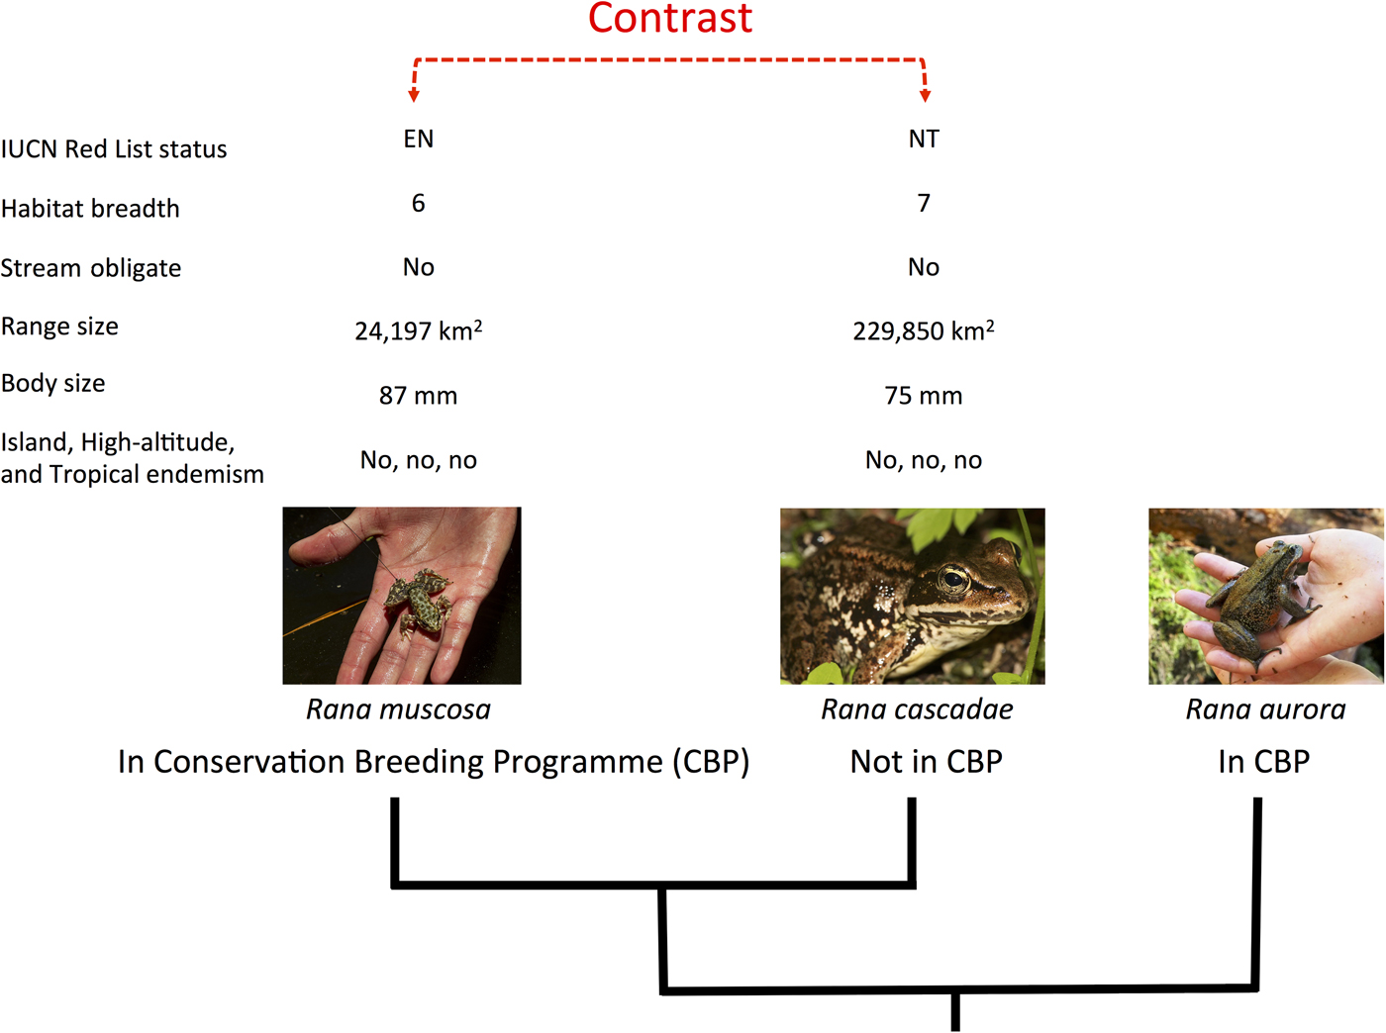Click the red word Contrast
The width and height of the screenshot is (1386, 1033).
(670, 18)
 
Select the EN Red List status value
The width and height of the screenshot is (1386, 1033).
(418, 139)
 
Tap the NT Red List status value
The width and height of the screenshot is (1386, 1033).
(924, 139)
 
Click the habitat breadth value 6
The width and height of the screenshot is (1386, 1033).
(418, 203)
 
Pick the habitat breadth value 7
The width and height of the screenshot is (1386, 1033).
(924, 203)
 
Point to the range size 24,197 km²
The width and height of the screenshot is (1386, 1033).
(418, 330)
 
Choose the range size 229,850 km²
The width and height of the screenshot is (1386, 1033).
(924, 330)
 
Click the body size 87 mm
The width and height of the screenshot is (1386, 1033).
(418, 396)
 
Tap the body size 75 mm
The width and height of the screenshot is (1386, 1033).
(924, 396)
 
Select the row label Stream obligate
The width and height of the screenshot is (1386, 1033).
(91, 268)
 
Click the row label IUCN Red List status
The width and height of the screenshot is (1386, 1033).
(114, 149)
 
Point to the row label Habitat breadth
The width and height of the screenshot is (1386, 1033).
(90, 209)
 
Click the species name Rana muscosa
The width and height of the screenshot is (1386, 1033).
(398, 709)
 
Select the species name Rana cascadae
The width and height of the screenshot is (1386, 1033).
(917, 709)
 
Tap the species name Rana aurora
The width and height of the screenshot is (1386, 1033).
(1265, 709)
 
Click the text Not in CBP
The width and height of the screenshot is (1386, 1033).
(926, 762)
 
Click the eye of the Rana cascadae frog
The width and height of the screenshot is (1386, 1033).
(953, 578)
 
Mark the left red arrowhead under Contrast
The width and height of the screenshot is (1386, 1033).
(414, 95)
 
